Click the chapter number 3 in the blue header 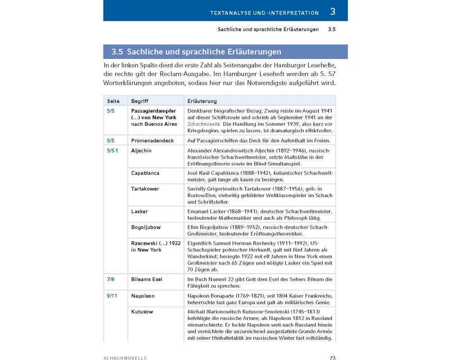[x=333, y=12]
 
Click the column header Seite [x=113, y=101]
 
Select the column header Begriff [x=139, y=101]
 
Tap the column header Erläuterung [x=202, y=101]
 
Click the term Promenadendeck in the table [x=153, y=141]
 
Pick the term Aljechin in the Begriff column [x=141, y=151]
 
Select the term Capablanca [x=145, y=173]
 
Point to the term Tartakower [x=145, y=189]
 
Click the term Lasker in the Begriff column [x=139, y=211]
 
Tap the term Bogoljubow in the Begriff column [x=146, y=227]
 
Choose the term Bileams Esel [x=147, y=279]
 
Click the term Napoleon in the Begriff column [x=143, y=296]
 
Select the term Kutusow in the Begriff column [x=142, y=311]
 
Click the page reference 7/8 [x=111, y=279]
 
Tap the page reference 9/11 [x=112, y=296]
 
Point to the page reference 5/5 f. [x=113, y=151]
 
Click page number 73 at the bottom [x=333, y=358]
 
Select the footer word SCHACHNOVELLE [x=125, y=358]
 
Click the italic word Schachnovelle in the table [x=203, y=124]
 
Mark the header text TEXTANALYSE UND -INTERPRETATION [x=264, y=13]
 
